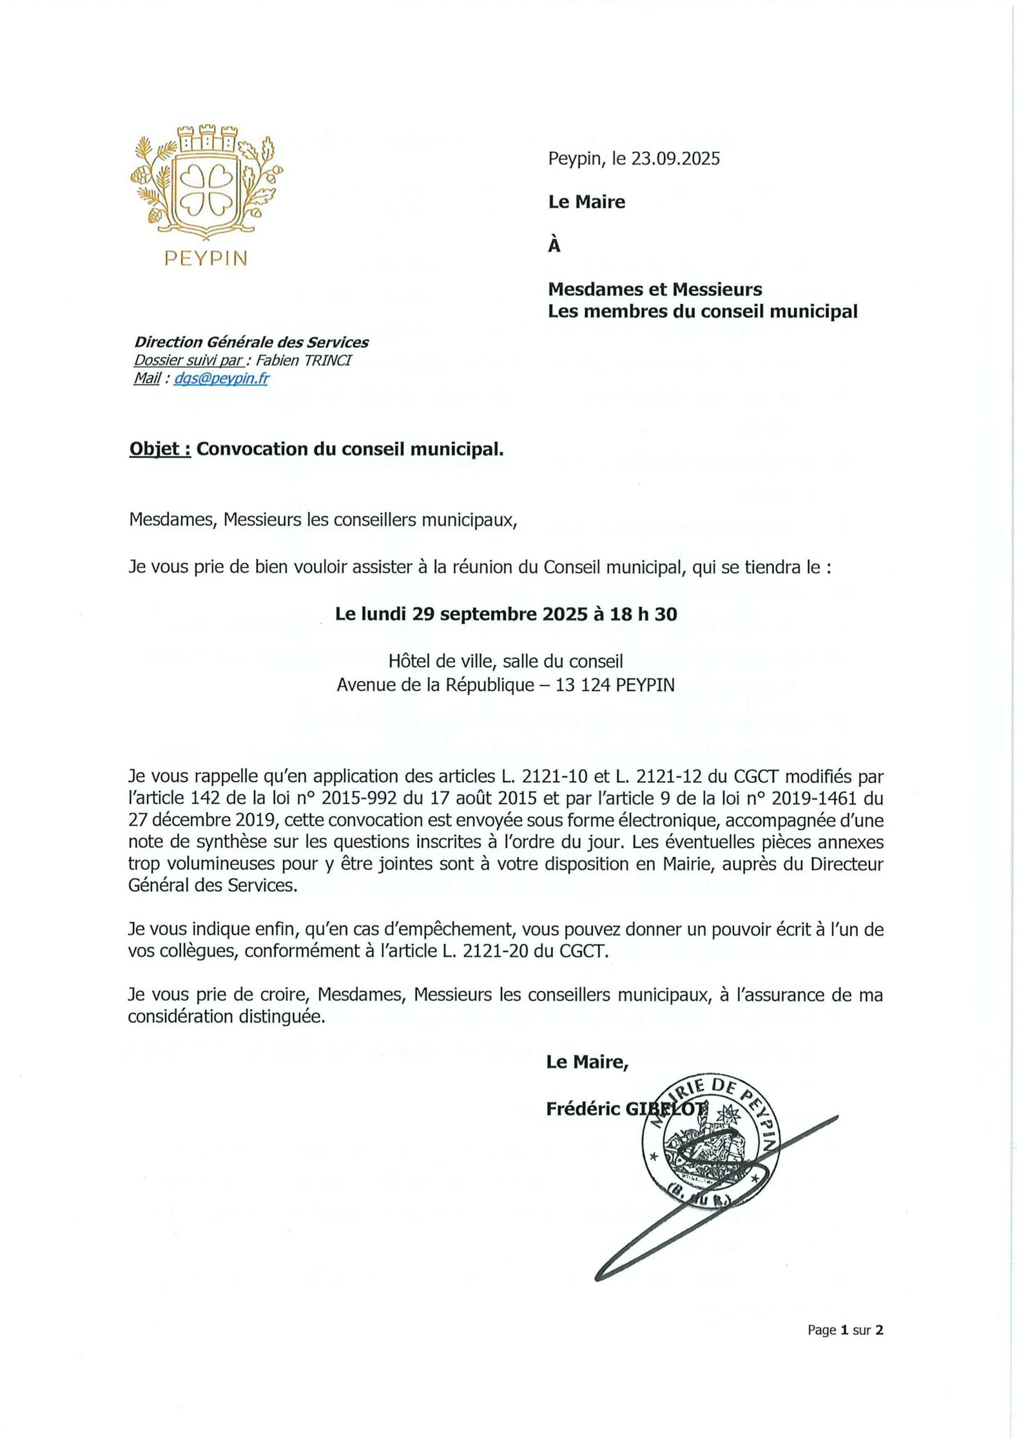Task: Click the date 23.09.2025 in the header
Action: pyautogui.click(x=675, y=158)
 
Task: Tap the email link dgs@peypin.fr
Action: pyautogui.click(x=221, y=378)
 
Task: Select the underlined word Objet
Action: pyautogui.click(x=160, y=449)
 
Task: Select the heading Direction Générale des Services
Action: pyautogui.click(x=251, y=342)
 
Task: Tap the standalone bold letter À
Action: pyautogui.click(x=554, y=245)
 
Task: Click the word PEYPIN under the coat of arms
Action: pyautogui.click(x=206, y=258)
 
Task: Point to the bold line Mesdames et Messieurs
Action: pyautogui.click(x=655, y=289)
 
